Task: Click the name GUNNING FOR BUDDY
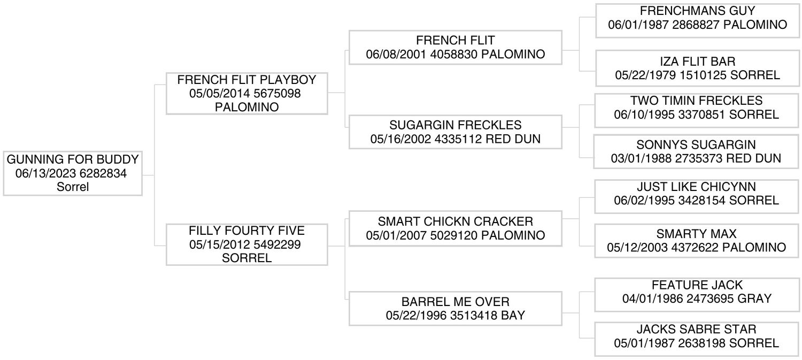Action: tap(73, 159)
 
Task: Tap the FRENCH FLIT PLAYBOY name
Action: tap(246, 80)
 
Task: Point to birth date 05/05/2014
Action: tap(219, 94)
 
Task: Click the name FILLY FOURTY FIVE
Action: tap(246, 231)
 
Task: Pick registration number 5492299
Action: tap(277, 244)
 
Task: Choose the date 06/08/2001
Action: tap(396, 55)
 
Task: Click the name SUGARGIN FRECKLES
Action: tap(456, 125)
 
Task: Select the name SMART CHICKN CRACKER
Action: tap(456, 221)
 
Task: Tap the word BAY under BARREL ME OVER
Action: tap(513, 316)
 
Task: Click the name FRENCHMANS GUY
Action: tap(697, 11)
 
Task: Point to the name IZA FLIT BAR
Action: tap(697, 62)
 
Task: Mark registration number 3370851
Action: tap(701, 114)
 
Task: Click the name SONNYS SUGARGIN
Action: tap(696, 145)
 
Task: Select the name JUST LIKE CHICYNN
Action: tap(696, 187)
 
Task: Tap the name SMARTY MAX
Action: tap(696, 234)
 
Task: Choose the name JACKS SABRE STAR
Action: tap(696, 329)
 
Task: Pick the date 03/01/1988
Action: tap(641, 158)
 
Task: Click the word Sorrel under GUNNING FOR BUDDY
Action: tap(73, 187)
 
